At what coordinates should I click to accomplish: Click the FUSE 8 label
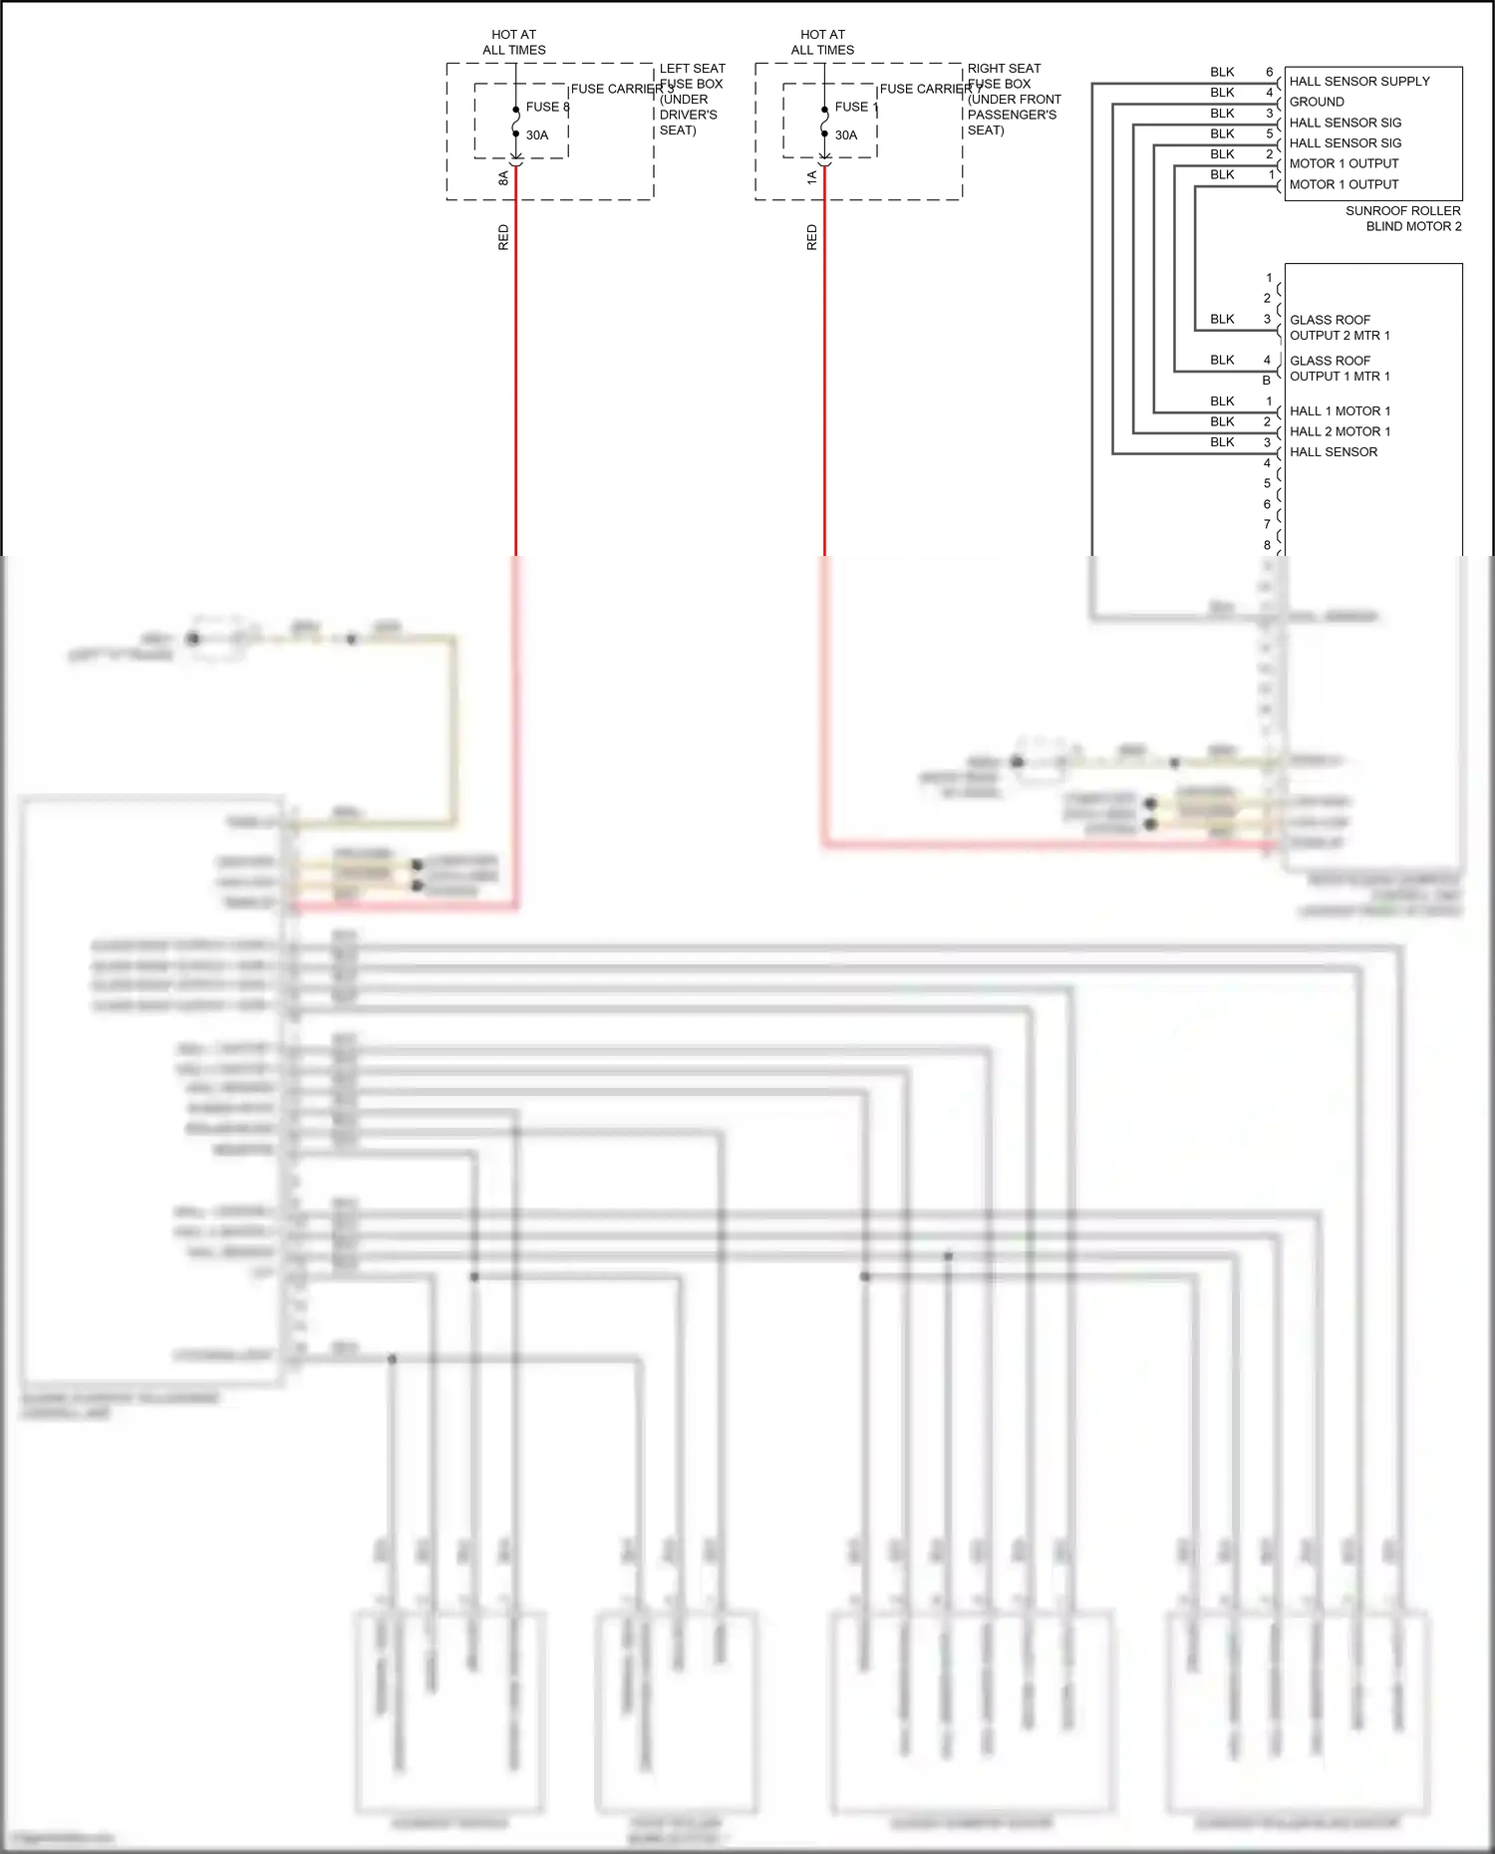547,107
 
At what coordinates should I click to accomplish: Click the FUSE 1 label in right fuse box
856,107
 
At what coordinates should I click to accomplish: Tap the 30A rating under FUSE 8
537,135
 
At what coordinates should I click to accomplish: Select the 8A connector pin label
503,178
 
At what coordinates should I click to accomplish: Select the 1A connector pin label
812,177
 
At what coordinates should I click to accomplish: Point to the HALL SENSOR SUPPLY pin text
1358,82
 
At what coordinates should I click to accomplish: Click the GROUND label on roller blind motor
1317,102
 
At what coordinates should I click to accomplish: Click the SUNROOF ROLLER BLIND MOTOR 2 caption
1402,218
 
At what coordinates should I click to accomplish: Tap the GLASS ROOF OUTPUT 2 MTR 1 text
1339,328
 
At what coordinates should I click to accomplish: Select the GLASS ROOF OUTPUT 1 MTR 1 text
1339,369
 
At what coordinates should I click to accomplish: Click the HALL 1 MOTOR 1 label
1340,410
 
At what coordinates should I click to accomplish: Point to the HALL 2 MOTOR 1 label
1340,431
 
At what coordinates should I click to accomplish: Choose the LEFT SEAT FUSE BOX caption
691,99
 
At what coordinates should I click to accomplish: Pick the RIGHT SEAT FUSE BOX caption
1013,99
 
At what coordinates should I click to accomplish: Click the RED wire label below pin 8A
503,237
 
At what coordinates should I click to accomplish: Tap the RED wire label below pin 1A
812,237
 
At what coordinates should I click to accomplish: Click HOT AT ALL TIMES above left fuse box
514,42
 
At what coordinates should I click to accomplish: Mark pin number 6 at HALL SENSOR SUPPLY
1269,72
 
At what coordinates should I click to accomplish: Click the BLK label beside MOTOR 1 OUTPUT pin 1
1222,174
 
